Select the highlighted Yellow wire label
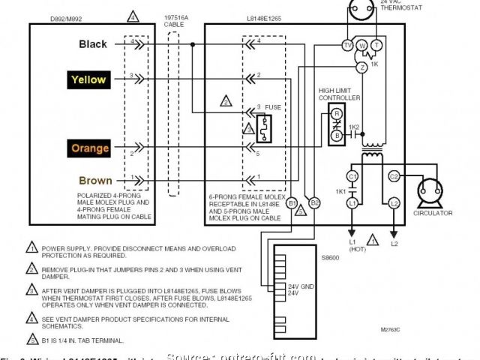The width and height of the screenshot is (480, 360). [x=88, y=79]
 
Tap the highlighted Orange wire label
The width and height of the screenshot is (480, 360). [x=90, y=148]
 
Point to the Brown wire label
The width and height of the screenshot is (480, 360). [x=95, y=181]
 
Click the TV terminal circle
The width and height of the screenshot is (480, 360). [x=347, y=46]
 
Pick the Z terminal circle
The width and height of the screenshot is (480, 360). [x=362, y=67]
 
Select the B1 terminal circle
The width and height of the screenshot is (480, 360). [x=293, y=202]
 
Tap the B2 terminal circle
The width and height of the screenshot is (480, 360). [x=315, y=202]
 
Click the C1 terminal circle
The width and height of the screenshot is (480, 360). [x=352, y=176]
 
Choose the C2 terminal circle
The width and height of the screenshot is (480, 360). [x=393, y=176]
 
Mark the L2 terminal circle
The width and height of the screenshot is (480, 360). [x=393, y=202]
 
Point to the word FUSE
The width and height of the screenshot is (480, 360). [x=274, y=107]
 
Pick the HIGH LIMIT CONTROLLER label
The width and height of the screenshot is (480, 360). [x=339, y=94]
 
